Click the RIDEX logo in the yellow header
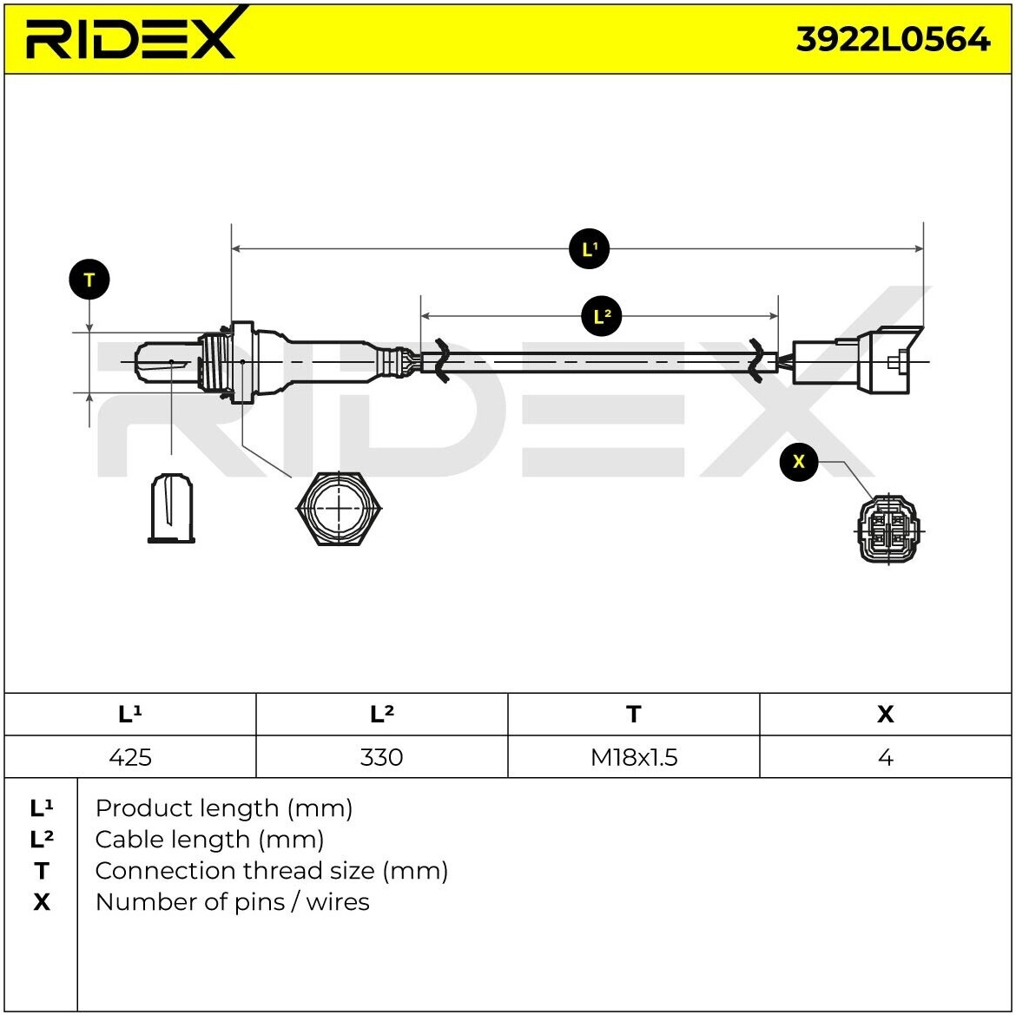(130, 36)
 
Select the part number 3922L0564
(893, 39)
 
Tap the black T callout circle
(89, 280)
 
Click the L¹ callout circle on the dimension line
(590, 249)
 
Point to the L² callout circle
(602, 316)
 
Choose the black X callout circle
(799, 461)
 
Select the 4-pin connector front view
(887, 529)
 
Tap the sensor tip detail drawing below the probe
(171, 509)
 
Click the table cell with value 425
(130, 757)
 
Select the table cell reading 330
(381, 757)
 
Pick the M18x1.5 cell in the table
(634, 757)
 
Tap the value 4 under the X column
(885, 757)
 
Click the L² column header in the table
(381, 714)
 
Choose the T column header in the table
(634, 714)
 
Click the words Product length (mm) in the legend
(223, 808)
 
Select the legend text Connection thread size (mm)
(271, 871)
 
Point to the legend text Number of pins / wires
(232, 902)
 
